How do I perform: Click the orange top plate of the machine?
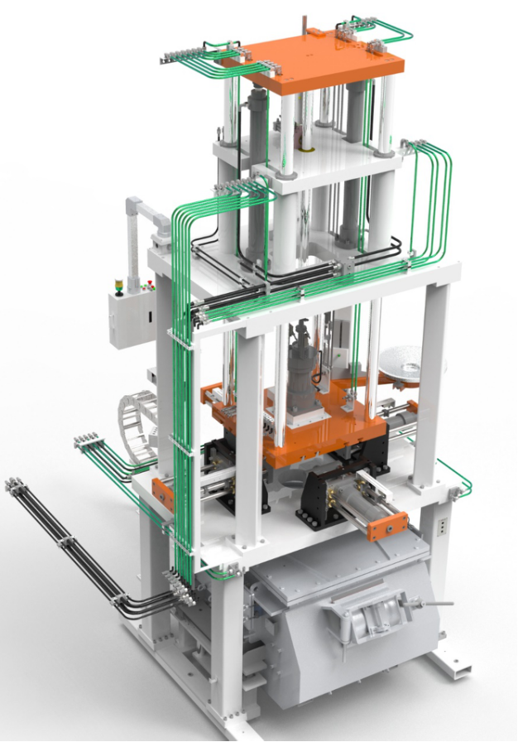[331, 63]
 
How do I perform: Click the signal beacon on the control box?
[119, 287]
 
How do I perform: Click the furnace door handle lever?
[439, 604]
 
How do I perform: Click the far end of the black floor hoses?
[14, 485]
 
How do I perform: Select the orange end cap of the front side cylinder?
[388, 527]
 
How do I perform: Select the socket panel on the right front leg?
[442, 527]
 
